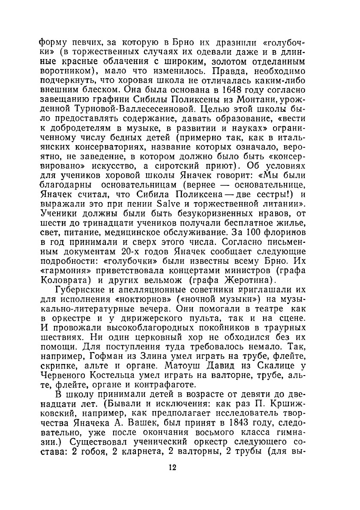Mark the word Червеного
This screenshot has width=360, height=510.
[x=59, y=375]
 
